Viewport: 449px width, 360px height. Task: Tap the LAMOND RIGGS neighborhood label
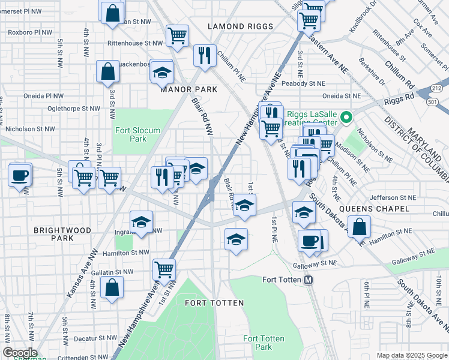click(x=240, y=26)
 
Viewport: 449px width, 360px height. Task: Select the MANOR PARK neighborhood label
click(x=188, y=89)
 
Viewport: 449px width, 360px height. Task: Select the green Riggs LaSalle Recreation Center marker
click(x=346, y=116)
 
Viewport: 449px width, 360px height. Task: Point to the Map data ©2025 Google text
click(x=411, y=355)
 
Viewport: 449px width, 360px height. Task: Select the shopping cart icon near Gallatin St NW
click(x=164, y=269)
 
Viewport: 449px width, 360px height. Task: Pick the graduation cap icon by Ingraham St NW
click(x=142, y=223)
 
